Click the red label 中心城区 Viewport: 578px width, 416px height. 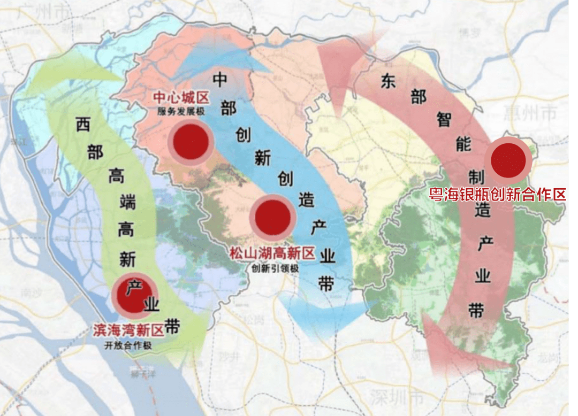pos(180,98)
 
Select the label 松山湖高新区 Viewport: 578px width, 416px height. pos(272,254)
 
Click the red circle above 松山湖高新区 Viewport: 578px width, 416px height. pos(272,217)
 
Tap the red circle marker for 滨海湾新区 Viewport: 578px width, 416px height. pos(134,295)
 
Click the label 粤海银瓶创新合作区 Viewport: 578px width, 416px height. pos(498,194)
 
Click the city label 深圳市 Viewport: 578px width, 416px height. pos(397,398)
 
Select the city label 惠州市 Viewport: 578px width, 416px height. pos(530,113)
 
